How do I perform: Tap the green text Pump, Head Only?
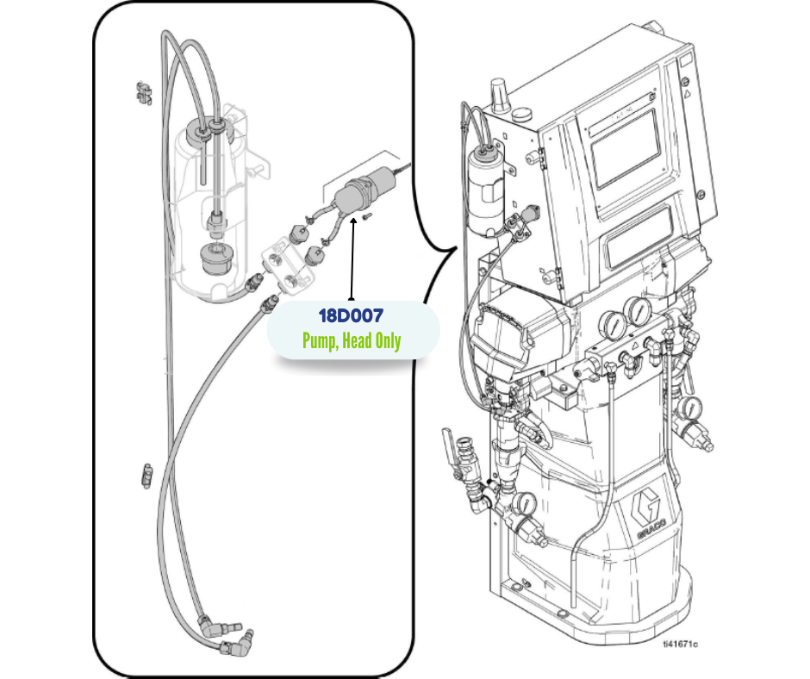(x=351, y=341)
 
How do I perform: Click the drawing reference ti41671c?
(x=680, y=643)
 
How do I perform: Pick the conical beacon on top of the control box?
(x=498, y=92)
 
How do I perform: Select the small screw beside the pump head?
(x=364, y=216)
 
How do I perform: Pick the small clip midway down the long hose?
(x=146, y=474)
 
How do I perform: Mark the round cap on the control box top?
(x=521, y=112)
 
